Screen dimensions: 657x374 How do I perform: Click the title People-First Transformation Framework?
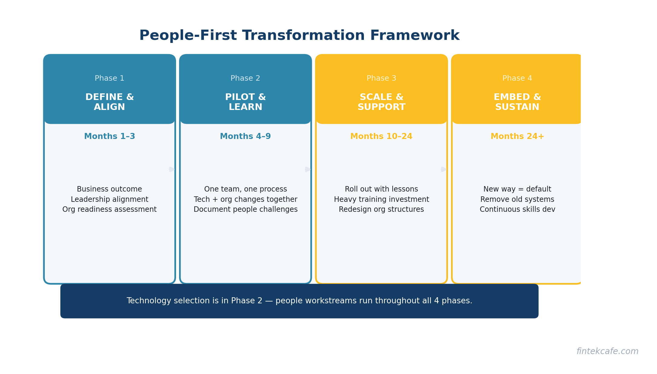(299, 36)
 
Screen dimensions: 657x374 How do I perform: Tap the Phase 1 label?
(109, 79)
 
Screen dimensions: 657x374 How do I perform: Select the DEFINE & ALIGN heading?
(109, 102)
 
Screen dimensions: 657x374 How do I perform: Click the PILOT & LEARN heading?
(245, 102)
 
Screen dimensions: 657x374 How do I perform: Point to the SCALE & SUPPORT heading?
(381, 102)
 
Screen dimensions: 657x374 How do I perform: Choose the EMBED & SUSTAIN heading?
(517, 102)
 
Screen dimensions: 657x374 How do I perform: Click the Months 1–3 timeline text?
(109, 137)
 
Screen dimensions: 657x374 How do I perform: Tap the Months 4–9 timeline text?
(245, 137)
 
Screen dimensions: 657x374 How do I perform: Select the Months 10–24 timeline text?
(381, 137)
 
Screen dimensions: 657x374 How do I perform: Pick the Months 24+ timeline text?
(517, 137)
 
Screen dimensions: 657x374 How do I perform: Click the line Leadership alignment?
(109, 199)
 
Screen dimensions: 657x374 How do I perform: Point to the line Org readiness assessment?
(109, 209)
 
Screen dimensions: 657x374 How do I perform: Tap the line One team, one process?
(245, 189)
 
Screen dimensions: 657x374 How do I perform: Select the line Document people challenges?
(245, 209)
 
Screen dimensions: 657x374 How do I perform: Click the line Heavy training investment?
(381, 199)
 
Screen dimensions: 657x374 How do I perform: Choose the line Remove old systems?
(517, 199)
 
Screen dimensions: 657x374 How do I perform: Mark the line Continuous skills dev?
(517, 209)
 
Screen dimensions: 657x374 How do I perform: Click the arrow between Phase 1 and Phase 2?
(172, 169)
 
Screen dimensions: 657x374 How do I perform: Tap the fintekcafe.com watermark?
(607, 351)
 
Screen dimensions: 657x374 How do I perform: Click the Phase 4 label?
(517, 79)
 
